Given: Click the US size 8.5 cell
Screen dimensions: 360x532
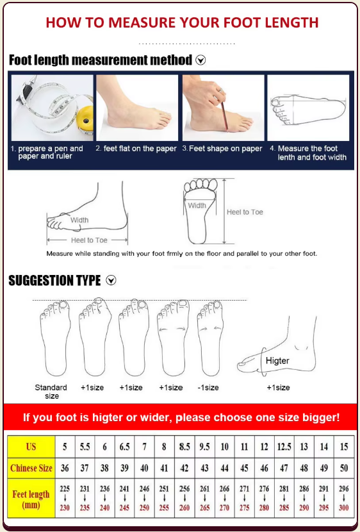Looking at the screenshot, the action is pos(184,447).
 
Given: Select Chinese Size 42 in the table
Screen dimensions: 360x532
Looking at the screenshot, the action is pos(184,468).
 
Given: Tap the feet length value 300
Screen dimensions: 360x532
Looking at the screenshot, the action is pos(344,508).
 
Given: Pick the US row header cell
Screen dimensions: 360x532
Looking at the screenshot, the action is pos(31,447).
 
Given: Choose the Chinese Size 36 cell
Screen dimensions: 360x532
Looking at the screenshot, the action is pos(65,468).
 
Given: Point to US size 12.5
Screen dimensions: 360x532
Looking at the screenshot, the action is pos(284,447).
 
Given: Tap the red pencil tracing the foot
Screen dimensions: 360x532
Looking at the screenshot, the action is pos(225,116).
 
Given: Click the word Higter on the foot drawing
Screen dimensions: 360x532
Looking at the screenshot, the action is pos(277,361).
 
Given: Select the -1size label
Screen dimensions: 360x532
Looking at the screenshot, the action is pos(208,388).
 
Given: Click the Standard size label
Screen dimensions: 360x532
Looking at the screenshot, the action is pos(51,392).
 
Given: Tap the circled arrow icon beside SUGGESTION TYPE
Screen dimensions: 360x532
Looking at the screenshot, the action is pos(111,280).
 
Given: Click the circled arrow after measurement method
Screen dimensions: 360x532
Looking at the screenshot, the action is pos(200,60).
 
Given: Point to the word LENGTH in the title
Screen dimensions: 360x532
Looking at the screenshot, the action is pos(291,22).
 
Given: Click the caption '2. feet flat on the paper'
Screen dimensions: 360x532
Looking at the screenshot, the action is pos(136,149).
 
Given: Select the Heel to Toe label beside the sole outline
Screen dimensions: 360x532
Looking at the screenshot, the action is pos(245,212).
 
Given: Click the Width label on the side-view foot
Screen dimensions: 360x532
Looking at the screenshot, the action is pos(79,220).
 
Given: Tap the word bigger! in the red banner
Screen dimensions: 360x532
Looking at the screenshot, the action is pos(321,417).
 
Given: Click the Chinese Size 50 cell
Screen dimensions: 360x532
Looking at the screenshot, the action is pos(344,468).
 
